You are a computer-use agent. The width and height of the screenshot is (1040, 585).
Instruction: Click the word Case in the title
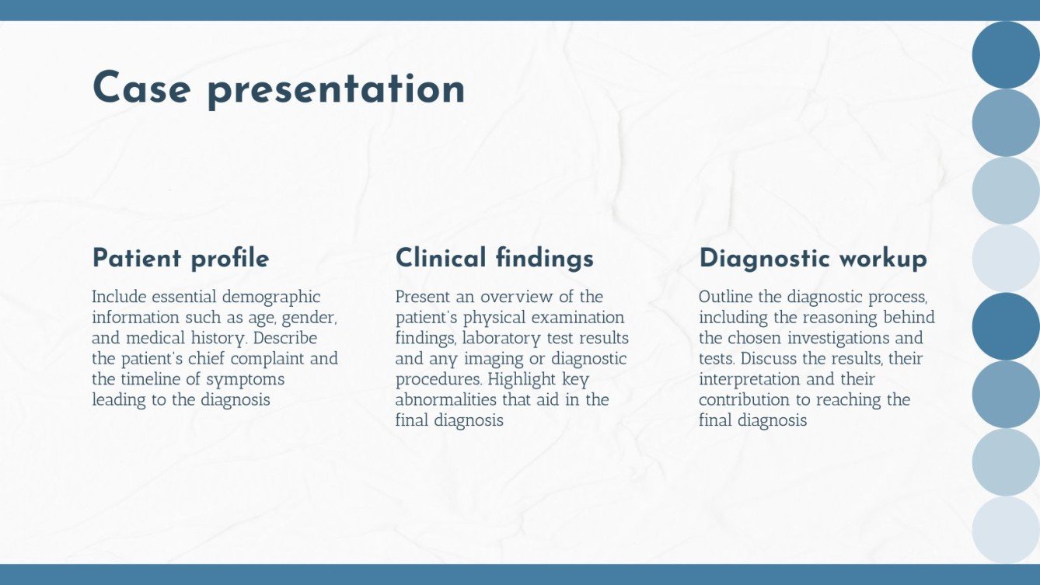(141, 88)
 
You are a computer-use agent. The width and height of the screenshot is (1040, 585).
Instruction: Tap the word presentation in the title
(336, 89)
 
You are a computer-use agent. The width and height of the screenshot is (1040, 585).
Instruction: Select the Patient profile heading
(180, 258)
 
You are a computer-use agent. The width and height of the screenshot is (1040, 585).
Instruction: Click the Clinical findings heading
(494, 258)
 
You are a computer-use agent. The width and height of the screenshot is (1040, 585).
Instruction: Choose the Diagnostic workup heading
(813, 258)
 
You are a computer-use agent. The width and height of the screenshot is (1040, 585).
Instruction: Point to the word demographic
(271, 298)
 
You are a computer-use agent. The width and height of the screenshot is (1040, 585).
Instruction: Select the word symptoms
(246, 379)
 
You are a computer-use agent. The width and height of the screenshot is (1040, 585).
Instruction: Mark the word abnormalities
(451, 400)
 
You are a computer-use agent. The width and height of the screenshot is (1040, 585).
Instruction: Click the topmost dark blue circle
(1006, 54)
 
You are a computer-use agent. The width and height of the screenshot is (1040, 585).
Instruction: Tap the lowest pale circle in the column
(1006, 530)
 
